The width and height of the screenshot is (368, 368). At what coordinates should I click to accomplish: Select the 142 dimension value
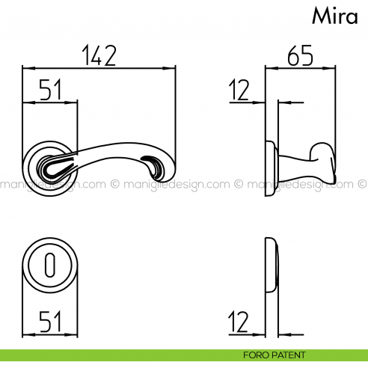(x=99, y=55)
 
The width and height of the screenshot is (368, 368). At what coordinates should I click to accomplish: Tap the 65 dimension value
(x=300, y=55)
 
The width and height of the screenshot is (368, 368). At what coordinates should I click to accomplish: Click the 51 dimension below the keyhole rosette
(x=49, y=322)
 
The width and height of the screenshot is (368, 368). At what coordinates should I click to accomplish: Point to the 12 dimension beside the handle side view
(x=240, y=91)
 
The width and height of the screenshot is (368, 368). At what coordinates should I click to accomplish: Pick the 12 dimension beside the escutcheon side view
(x=240, y=322)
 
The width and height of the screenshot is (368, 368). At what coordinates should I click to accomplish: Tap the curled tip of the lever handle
(x=155, y=164)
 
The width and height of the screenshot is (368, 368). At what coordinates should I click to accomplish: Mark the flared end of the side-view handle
(x=325, y=156)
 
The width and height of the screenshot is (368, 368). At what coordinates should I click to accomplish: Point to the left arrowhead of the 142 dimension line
(x=27, y=69)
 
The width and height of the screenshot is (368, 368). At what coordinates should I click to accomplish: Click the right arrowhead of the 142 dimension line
(x=174, y=69)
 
